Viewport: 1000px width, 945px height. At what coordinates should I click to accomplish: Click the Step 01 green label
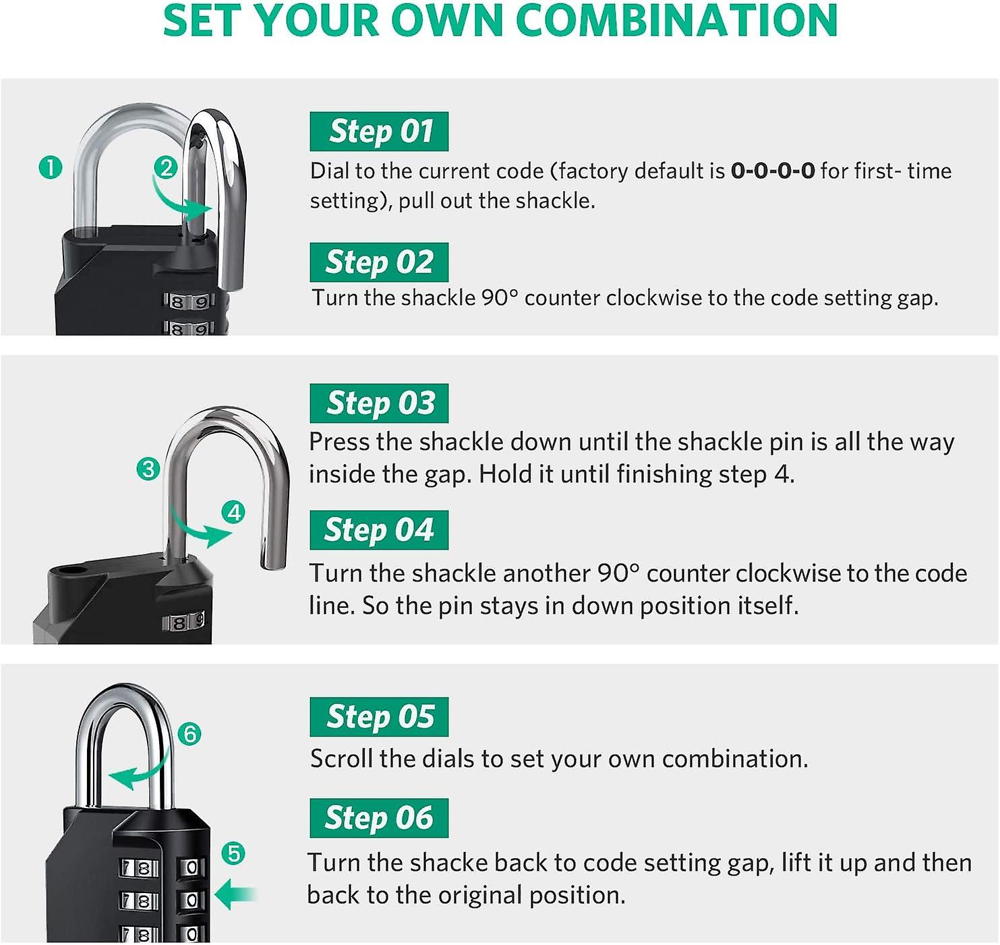coord(379,132)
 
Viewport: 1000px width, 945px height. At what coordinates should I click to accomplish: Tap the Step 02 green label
coord(379,262)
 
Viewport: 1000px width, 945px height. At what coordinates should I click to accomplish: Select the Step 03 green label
coord(379,403)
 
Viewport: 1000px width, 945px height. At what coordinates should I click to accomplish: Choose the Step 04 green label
coord(379,530)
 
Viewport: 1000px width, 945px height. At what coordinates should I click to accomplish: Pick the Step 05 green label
coord(379,717)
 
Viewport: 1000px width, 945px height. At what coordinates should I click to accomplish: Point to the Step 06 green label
coord(379,818)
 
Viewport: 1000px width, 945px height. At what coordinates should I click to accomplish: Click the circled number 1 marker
coord(51,167)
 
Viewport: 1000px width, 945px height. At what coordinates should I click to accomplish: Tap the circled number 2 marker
coord(166,167)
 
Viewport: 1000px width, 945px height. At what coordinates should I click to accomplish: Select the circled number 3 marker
coord(148,469)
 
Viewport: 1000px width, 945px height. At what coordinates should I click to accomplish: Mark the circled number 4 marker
coord(234,513)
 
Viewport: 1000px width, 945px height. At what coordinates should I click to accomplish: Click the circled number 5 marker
coord(233,854)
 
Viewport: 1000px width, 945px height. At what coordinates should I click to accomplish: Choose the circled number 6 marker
coord(190,734)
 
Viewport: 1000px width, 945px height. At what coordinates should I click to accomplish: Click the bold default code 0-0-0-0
coord(773,171)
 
